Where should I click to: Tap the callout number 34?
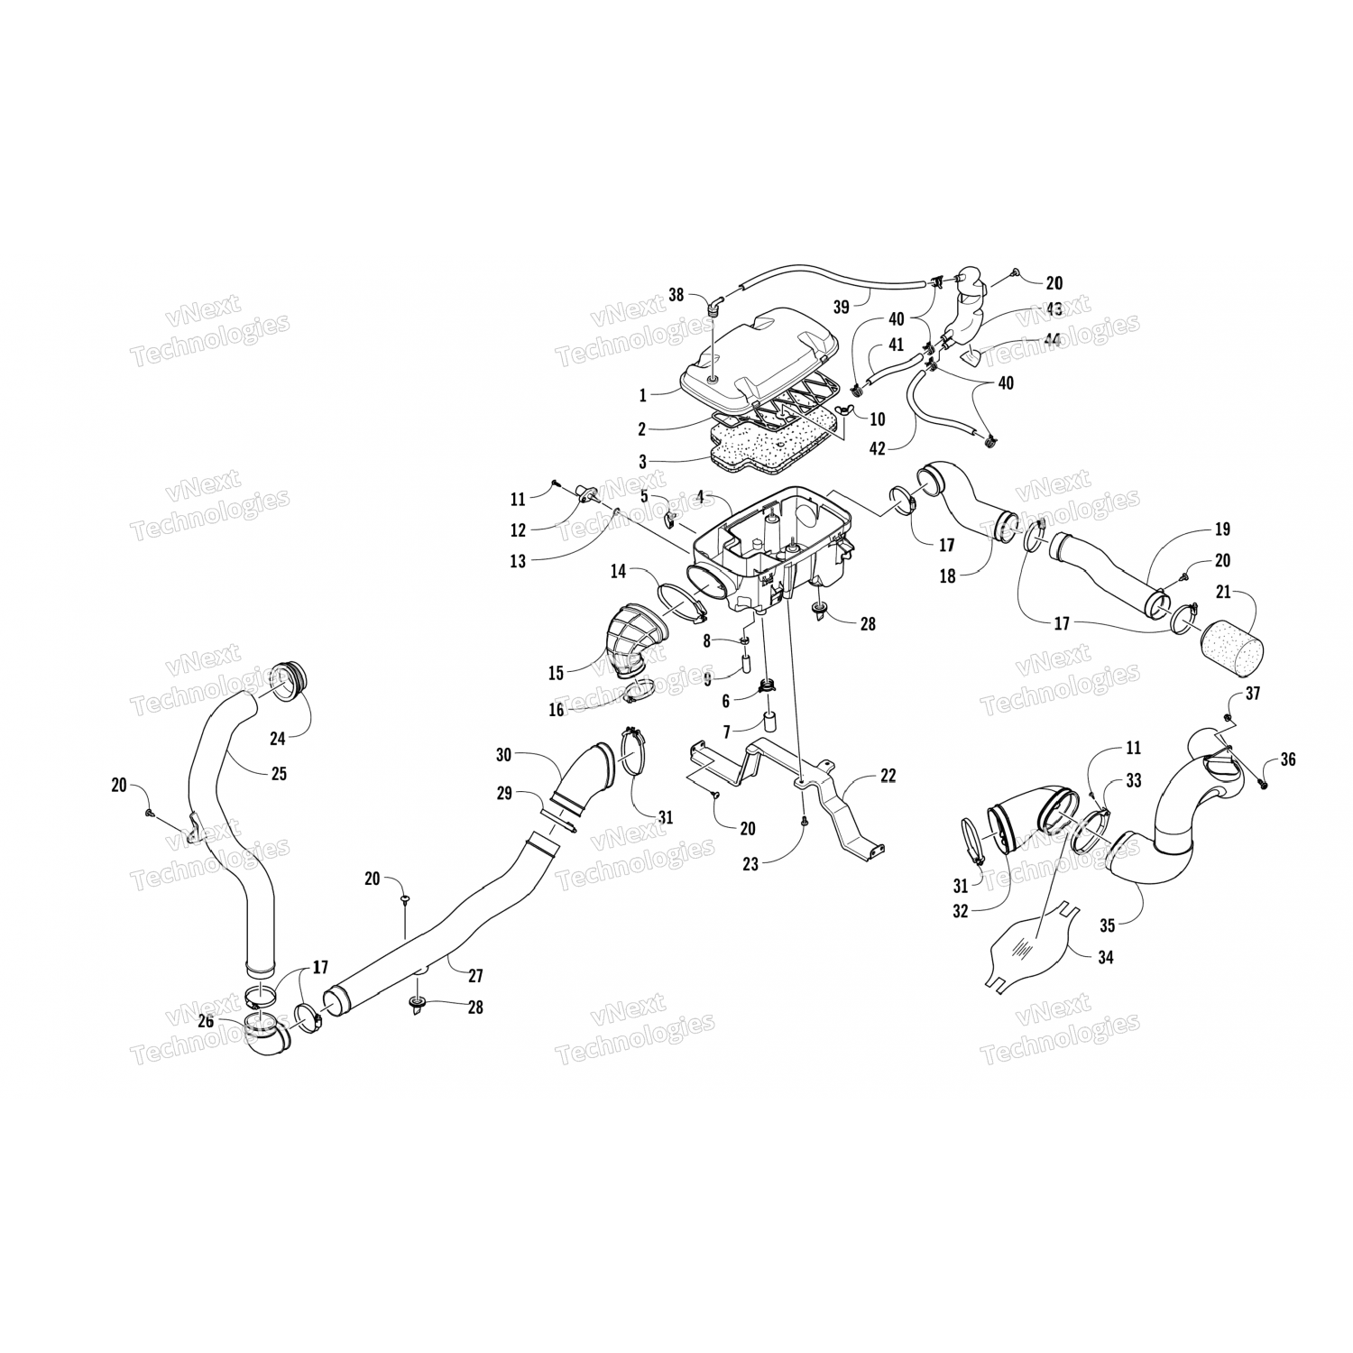pos(1106,957)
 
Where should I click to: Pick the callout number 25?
pos(279,773)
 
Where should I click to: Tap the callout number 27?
pos(475,975)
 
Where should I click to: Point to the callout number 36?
pos(1287,759)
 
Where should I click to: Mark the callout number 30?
pos(503,754)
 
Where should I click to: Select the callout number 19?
pos(1222,529)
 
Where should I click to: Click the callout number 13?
pos(517,561)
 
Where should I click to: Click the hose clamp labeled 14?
pos(684,603)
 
